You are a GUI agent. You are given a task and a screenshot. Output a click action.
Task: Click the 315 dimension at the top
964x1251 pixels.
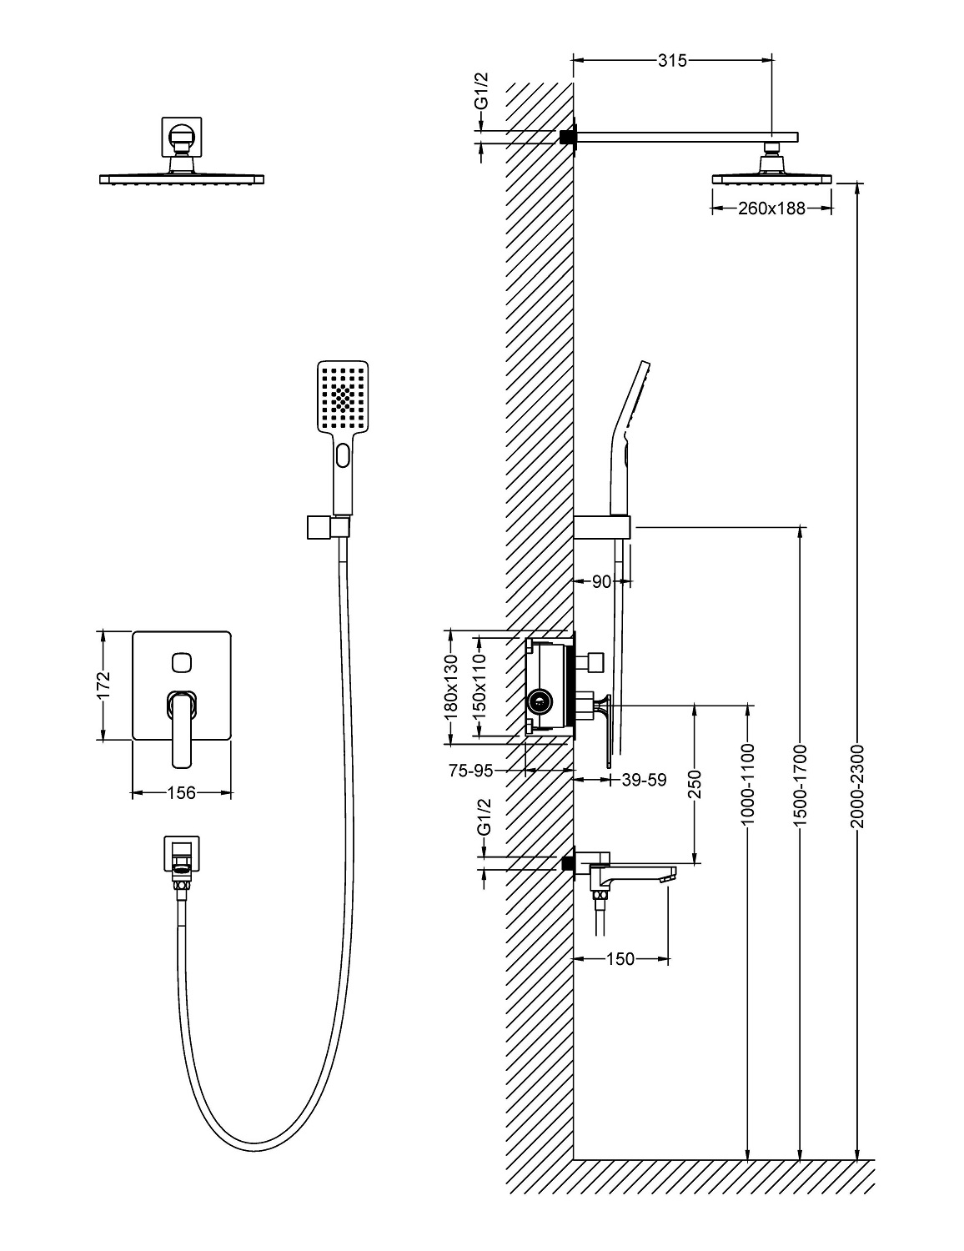pos(671,60)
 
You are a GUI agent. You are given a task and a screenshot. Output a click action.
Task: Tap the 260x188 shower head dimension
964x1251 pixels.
pos(771,208)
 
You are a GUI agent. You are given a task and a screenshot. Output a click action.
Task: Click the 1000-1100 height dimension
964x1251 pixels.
pos(747,784)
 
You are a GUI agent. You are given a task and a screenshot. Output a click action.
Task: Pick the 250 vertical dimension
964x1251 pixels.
pos(695,784)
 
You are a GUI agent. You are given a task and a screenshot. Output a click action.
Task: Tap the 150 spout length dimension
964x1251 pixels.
pos(620,959)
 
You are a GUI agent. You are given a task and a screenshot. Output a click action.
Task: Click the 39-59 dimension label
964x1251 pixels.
pos(645,780)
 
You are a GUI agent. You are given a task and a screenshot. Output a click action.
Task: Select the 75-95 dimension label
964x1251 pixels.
pos(470,771)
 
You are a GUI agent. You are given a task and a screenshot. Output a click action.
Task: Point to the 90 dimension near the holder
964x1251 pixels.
pos(601,582)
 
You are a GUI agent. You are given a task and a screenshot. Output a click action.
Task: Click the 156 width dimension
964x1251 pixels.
pos(181,792)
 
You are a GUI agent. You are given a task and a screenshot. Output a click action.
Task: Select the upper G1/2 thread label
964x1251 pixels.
pos(481,92)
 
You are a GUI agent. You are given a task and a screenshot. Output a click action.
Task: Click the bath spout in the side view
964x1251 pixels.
pos(638,874)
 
